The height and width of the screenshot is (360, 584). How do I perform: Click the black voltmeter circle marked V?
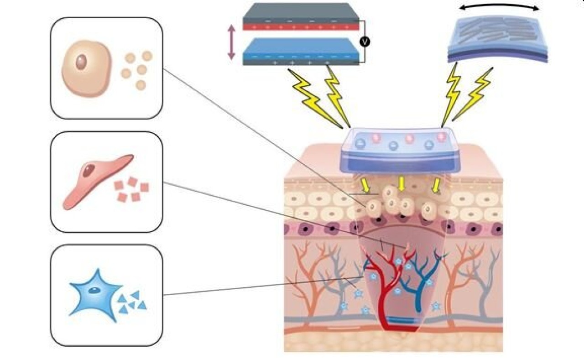(x=364, y=42)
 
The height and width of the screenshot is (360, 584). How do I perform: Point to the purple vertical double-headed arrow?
(x=231, y=42)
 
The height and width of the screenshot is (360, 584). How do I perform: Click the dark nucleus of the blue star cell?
(x=94, y=289)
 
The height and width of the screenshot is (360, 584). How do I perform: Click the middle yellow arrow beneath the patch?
(x=401, y=184)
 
